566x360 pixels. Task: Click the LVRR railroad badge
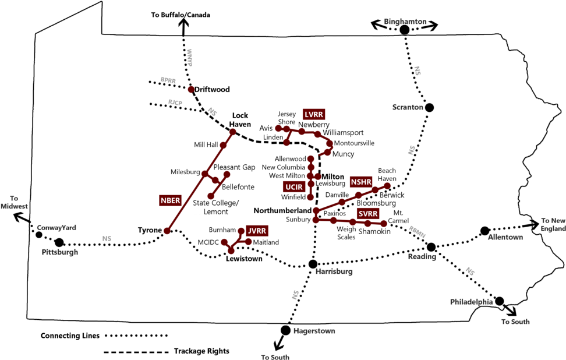pos(314,114)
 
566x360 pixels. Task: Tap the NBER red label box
pos(170,200)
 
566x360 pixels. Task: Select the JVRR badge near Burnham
pos(257,231)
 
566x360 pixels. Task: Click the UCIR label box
pos(293,187)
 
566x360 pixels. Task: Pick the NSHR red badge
pos(361,182)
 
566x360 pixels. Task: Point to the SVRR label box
pos(368,214)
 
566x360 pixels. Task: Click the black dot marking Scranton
pos(429,108)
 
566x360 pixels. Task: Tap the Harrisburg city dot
pos(313,264)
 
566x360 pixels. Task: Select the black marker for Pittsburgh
pos(59,242)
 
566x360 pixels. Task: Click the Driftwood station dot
pos(191,90)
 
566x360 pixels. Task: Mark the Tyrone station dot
pos(167,231)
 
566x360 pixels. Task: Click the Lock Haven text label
pos(240,120)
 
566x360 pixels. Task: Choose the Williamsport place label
pos(344,133)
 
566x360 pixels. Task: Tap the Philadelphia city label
pos(472,302)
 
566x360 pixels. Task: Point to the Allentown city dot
pos(484,231)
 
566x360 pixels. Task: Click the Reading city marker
pos(431,247)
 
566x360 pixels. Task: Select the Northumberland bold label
pos(283,210)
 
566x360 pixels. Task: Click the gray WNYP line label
pos(189,58)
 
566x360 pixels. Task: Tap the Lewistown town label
pos(244,259)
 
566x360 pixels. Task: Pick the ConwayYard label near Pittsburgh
pos(56,228)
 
